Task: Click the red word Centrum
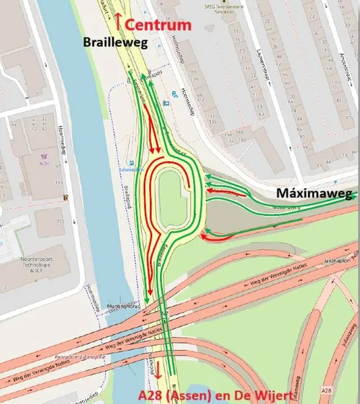[159, 25]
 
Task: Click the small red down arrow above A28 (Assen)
[156, 380]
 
